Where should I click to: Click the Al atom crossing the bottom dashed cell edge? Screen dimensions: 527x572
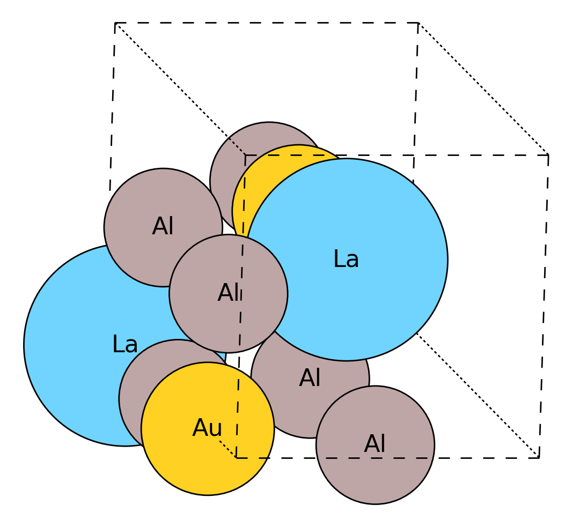coord(375,445)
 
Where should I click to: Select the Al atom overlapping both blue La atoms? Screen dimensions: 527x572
coord(228,293)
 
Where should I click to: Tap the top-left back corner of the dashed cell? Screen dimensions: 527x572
coord(115,23)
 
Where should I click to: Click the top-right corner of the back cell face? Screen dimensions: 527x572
coord(418,23)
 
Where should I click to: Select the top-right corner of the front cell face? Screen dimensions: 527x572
coord(548,155)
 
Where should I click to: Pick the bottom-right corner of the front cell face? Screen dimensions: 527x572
coord(539,457)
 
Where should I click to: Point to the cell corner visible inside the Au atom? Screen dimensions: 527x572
coord(236,457)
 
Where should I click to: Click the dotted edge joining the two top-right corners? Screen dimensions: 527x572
coord(483,89)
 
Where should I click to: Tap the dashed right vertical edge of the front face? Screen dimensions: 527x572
coord(544,306)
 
